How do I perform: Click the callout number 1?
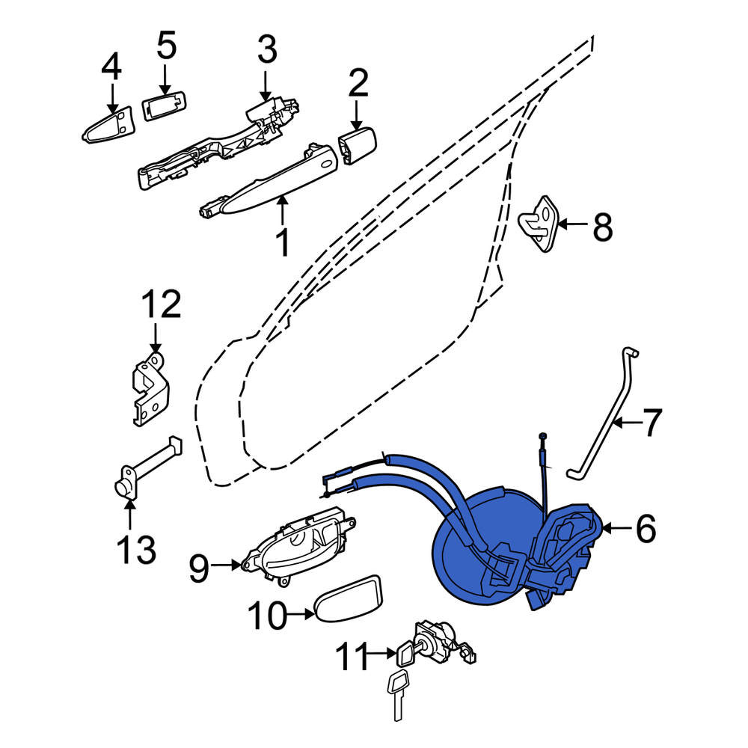(x=283, y=242)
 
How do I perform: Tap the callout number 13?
(x=136, y=550)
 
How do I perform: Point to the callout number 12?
(x=162, y=304)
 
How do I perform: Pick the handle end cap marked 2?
(x=357, y=145)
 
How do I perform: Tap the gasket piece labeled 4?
(x=108, y=124)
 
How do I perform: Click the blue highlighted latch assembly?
(x=506, y=548)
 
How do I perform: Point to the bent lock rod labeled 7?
(x=602, y=414)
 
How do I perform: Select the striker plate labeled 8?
(x=539, y=223)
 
